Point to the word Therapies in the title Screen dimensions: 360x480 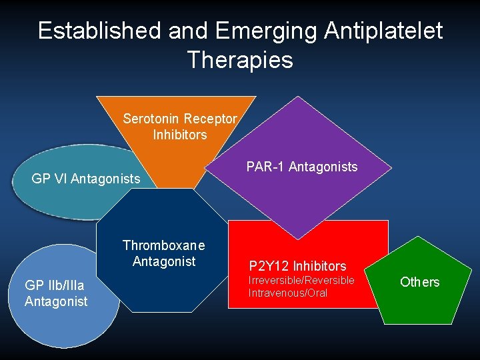click(x=240, y=60)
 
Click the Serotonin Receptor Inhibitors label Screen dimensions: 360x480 click(x=180, y=127)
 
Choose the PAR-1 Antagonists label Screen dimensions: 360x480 click(x=302, y=167)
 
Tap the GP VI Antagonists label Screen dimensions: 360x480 click(x=86, y=179)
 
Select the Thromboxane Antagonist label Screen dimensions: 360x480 click(x=164, y=253)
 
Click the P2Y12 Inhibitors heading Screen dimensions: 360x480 click(x=298, y=266)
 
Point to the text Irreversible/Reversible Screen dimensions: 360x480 click(x=301, y=280)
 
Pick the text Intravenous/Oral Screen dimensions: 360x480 click(x=288, y=293)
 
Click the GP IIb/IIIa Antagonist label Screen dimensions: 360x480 click(x=56, y=293)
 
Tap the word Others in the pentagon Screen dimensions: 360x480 click(x=419, y=282)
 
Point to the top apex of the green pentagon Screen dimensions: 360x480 click(x=418, y=237)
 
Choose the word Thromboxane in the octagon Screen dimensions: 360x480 click(x=164, y=245)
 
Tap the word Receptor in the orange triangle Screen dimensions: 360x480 click(x=210, y=119)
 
